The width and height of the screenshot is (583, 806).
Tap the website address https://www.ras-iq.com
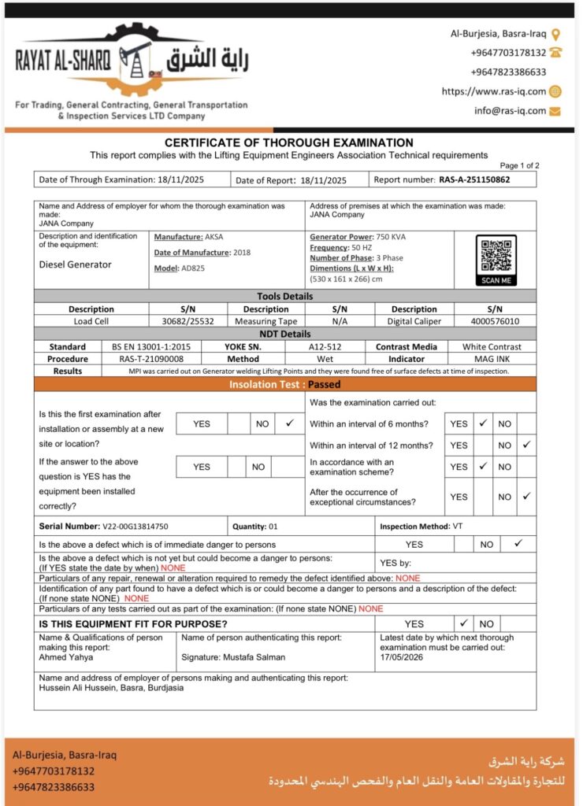coord(493,91)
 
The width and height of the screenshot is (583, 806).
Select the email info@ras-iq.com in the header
coord(510,111)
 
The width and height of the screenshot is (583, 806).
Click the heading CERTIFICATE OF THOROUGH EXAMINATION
coord(288,142)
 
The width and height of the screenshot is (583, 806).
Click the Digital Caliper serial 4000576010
coord(494,321)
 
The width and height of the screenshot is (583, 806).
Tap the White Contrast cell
coord(492,346)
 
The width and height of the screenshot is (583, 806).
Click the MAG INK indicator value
coord(492,358)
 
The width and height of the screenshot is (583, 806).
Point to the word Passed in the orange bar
coord(325,385)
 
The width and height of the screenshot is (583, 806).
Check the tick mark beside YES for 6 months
coord(484,423)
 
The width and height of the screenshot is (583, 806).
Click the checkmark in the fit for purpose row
coord(464,623)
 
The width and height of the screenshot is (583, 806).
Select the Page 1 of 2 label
coord(519,165)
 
